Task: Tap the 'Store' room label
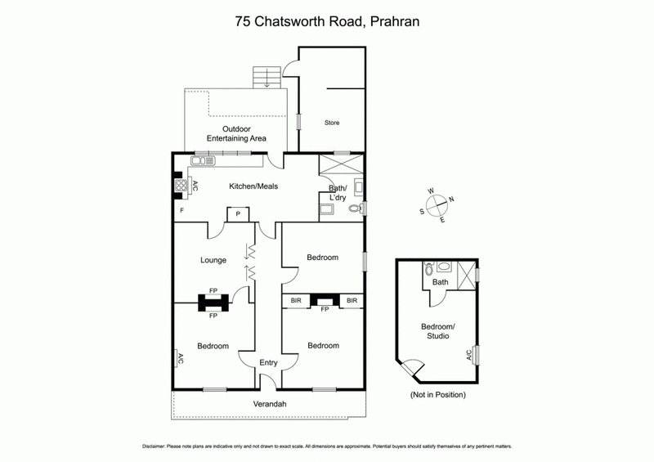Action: pos(331,123)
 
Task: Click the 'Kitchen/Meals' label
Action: pos(253,186)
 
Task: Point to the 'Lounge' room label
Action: pos(213,261)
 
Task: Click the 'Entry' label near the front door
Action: pos(269,362)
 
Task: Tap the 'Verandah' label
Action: pos(269,404)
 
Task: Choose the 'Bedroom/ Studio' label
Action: pos(440,331)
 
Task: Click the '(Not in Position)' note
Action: pos(437,395)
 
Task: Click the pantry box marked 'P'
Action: pos(238,214)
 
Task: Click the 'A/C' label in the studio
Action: pos(468,355)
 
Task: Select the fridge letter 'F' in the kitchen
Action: pos(181,211)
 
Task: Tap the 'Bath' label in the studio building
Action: pos(441,283)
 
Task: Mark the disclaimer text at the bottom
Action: pos(327,446)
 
